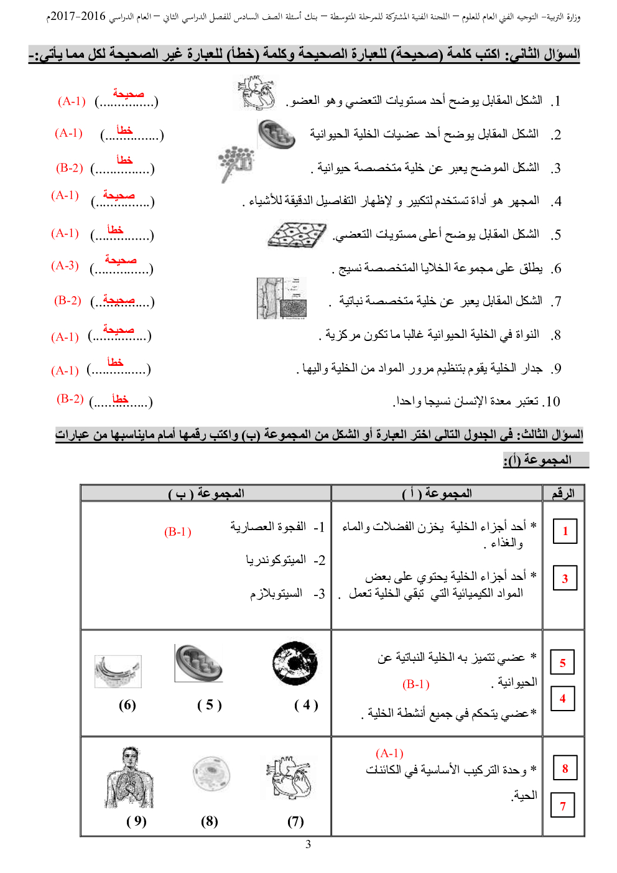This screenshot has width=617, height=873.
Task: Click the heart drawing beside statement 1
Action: [x=257, y=93]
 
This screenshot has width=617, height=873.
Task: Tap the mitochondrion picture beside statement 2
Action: [x=276, y=134]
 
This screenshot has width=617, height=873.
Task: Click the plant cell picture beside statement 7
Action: [x=282, y=298]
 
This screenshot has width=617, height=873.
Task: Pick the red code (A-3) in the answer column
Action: [x=65, y=266]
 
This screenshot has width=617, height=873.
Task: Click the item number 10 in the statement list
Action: [x=551, y=402]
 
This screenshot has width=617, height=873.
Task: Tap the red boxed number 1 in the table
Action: [x=565, y=531]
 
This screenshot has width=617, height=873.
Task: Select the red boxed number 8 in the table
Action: [x=565, y=768]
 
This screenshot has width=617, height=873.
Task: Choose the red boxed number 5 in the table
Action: [x=562, y=663]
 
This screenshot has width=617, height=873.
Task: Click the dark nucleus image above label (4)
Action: [x=295, y=663]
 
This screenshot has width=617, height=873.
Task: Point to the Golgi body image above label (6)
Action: [x=118, y=671]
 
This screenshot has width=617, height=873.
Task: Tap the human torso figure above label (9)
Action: [x=129, y=778]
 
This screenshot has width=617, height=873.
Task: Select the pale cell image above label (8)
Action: [x=211, y=774]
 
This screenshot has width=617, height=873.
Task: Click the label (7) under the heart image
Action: [x=295, y=822]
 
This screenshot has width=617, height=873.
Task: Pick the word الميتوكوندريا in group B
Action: [x=276, y=560]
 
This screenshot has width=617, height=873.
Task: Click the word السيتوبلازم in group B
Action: [x=276, y=594]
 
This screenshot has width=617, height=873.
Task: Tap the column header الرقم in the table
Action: [x=563, y=493]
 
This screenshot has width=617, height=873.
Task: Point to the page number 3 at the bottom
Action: [x=308, y=844]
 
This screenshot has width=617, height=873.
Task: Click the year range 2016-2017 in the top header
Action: [x=77, y=16]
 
